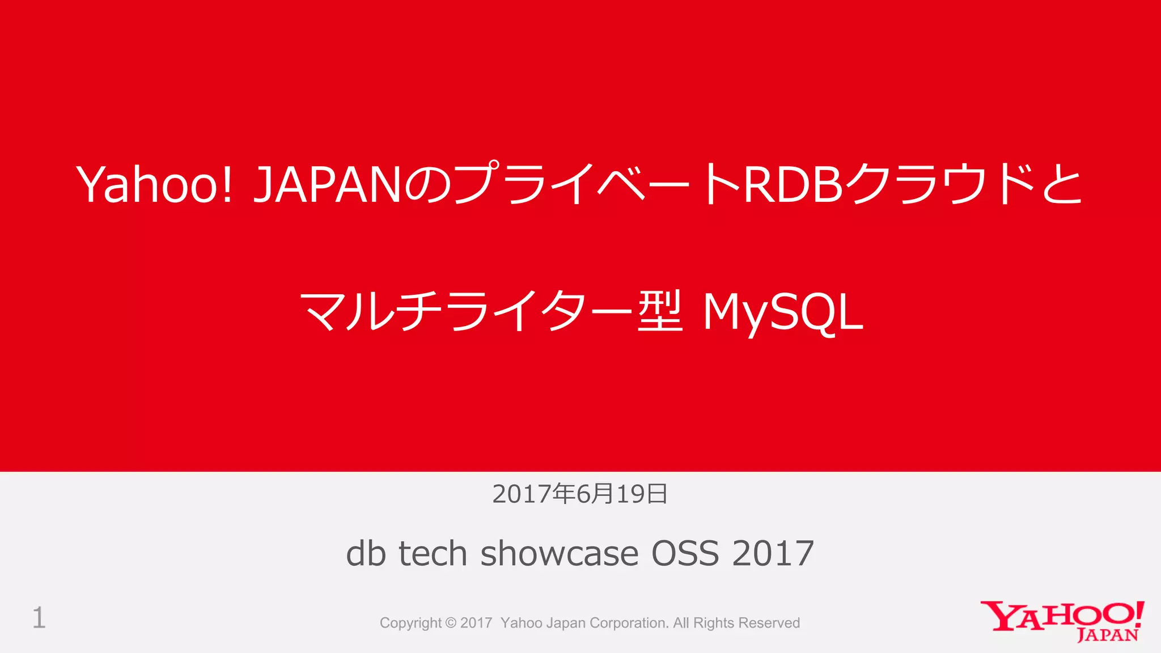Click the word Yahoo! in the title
pos(154,185)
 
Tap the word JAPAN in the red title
pos(328,185)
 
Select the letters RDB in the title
pos(793,185)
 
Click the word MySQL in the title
pos(783,312)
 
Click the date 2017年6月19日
pos(580,494)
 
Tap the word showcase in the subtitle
pos(559,553)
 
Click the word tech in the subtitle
pos(433,553)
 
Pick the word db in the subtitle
pos(366,553)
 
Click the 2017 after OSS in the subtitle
pos(773,553)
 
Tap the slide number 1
pos(39,618)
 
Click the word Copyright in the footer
pos(410,623)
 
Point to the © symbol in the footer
pos(451,623)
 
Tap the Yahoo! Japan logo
pos(1062,621)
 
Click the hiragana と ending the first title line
pos(1062,185)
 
